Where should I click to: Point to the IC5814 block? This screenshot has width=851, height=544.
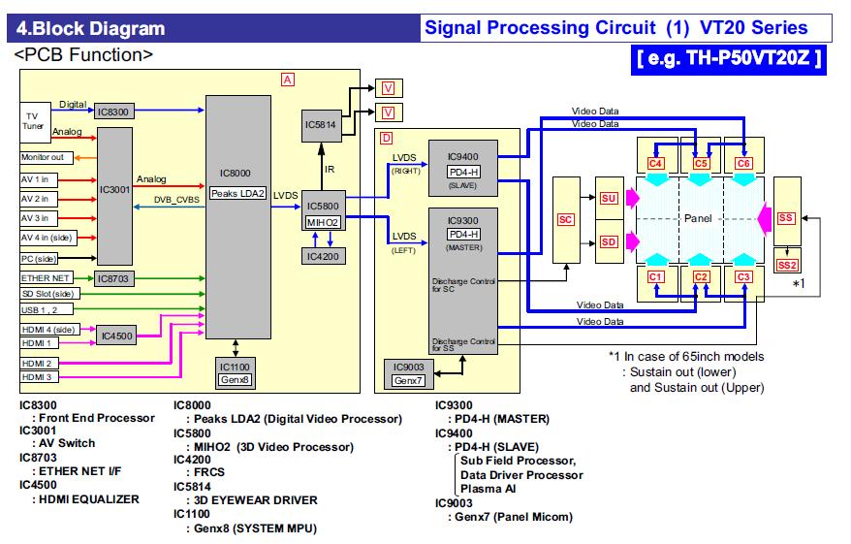point(319,125)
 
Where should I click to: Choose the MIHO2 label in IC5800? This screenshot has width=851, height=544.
point(323,223)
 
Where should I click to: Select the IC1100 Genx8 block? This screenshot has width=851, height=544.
point(236,372)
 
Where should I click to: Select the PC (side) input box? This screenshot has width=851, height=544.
point(41,259)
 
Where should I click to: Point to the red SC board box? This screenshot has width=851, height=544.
point(567,219)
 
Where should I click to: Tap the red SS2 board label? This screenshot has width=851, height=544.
point(787,264)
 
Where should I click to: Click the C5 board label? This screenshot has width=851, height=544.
point(702,163)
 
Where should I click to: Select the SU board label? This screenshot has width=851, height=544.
point(610,198)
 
